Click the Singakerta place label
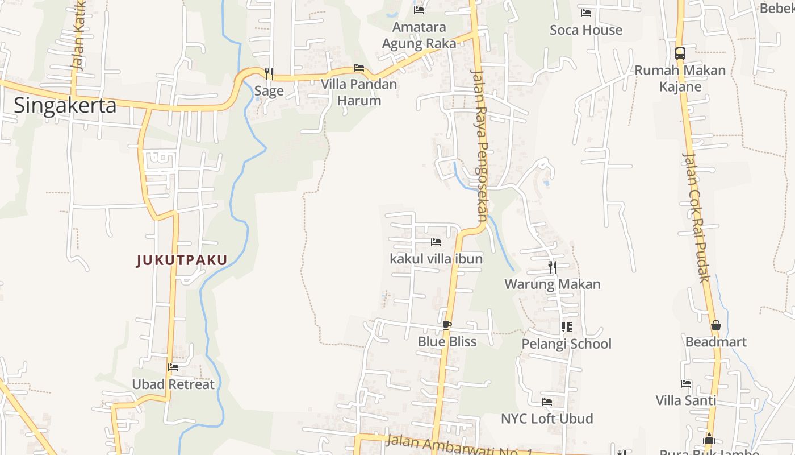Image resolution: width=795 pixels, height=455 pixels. point(65,106)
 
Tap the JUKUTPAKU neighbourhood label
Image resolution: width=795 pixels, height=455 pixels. point(182,260)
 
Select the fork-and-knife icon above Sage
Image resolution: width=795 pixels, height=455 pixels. point(269,73)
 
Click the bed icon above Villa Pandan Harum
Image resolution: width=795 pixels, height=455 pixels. point(359,68)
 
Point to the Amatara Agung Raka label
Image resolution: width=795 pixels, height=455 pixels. point(419,35)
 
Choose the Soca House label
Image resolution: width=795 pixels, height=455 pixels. point(586,30)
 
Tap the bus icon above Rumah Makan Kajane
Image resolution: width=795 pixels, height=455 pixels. point(680,53)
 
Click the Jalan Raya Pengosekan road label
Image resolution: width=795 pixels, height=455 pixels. point(479,145)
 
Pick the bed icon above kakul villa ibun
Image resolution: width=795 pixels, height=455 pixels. point(436,242)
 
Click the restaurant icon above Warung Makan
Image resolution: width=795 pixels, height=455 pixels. point(552,266)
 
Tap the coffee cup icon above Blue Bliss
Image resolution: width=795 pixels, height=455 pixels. point(447,325)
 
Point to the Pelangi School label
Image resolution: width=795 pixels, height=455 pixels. point(566,344)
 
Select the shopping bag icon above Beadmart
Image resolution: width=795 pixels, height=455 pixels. point(715,325)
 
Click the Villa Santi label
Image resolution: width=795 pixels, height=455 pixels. point(685,400)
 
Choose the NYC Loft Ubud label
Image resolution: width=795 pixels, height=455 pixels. point(546,419)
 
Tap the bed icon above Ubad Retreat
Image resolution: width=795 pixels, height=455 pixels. point(173,367)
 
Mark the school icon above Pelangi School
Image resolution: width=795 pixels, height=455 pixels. point(566,326)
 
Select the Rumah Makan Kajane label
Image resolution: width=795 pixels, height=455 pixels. point(680,78)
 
